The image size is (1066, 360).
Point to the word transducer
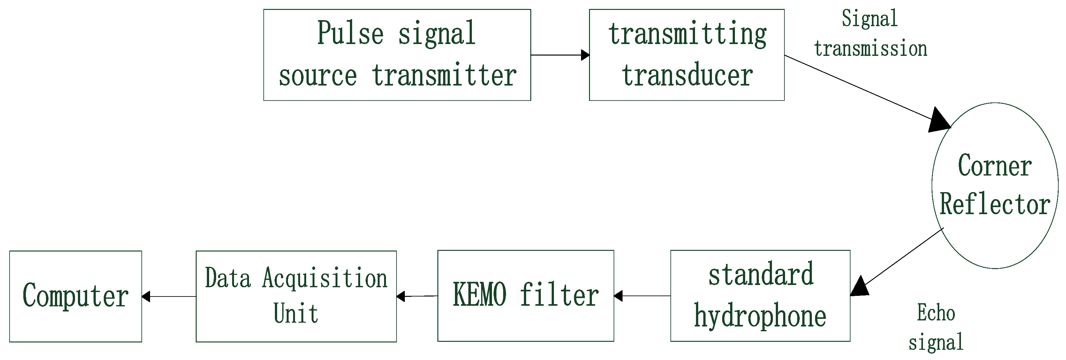[687, 75]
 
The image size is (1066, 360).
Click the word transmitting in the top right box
[687, 35]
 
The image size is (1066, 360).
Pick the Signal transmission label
[870, 34]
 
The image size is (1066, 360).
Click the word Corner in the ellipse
[995, 166]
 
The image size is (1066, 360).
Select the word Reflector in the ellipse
[995, 204]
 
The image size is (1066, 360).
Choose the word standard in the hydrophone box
[760, 275]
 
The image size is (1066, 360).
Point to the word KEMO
[479, 295]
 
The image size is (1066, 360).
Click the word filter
[559, 295]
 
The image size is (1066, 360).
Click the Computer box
[75, 296]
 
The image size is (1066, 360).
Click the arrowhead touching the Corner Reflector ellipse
[939, 121]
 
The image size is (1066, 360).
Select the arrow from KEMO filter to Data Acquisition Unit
[417, 296]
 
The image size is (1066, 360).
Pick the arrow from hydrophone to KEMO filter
[642, 296]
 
